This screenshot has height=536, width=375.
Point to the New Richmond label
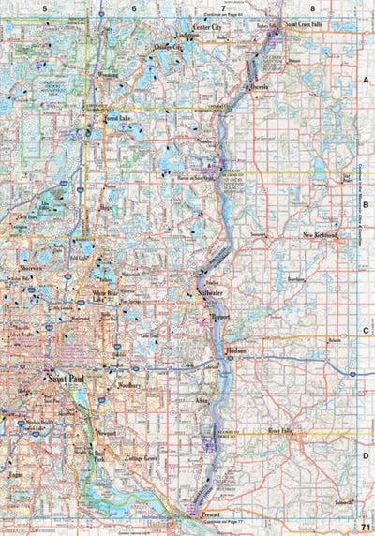pyautogui.click(x=321, y=234)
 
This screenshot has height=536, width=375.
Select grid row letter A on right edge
pyautogui.click(x=367, y=82)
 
